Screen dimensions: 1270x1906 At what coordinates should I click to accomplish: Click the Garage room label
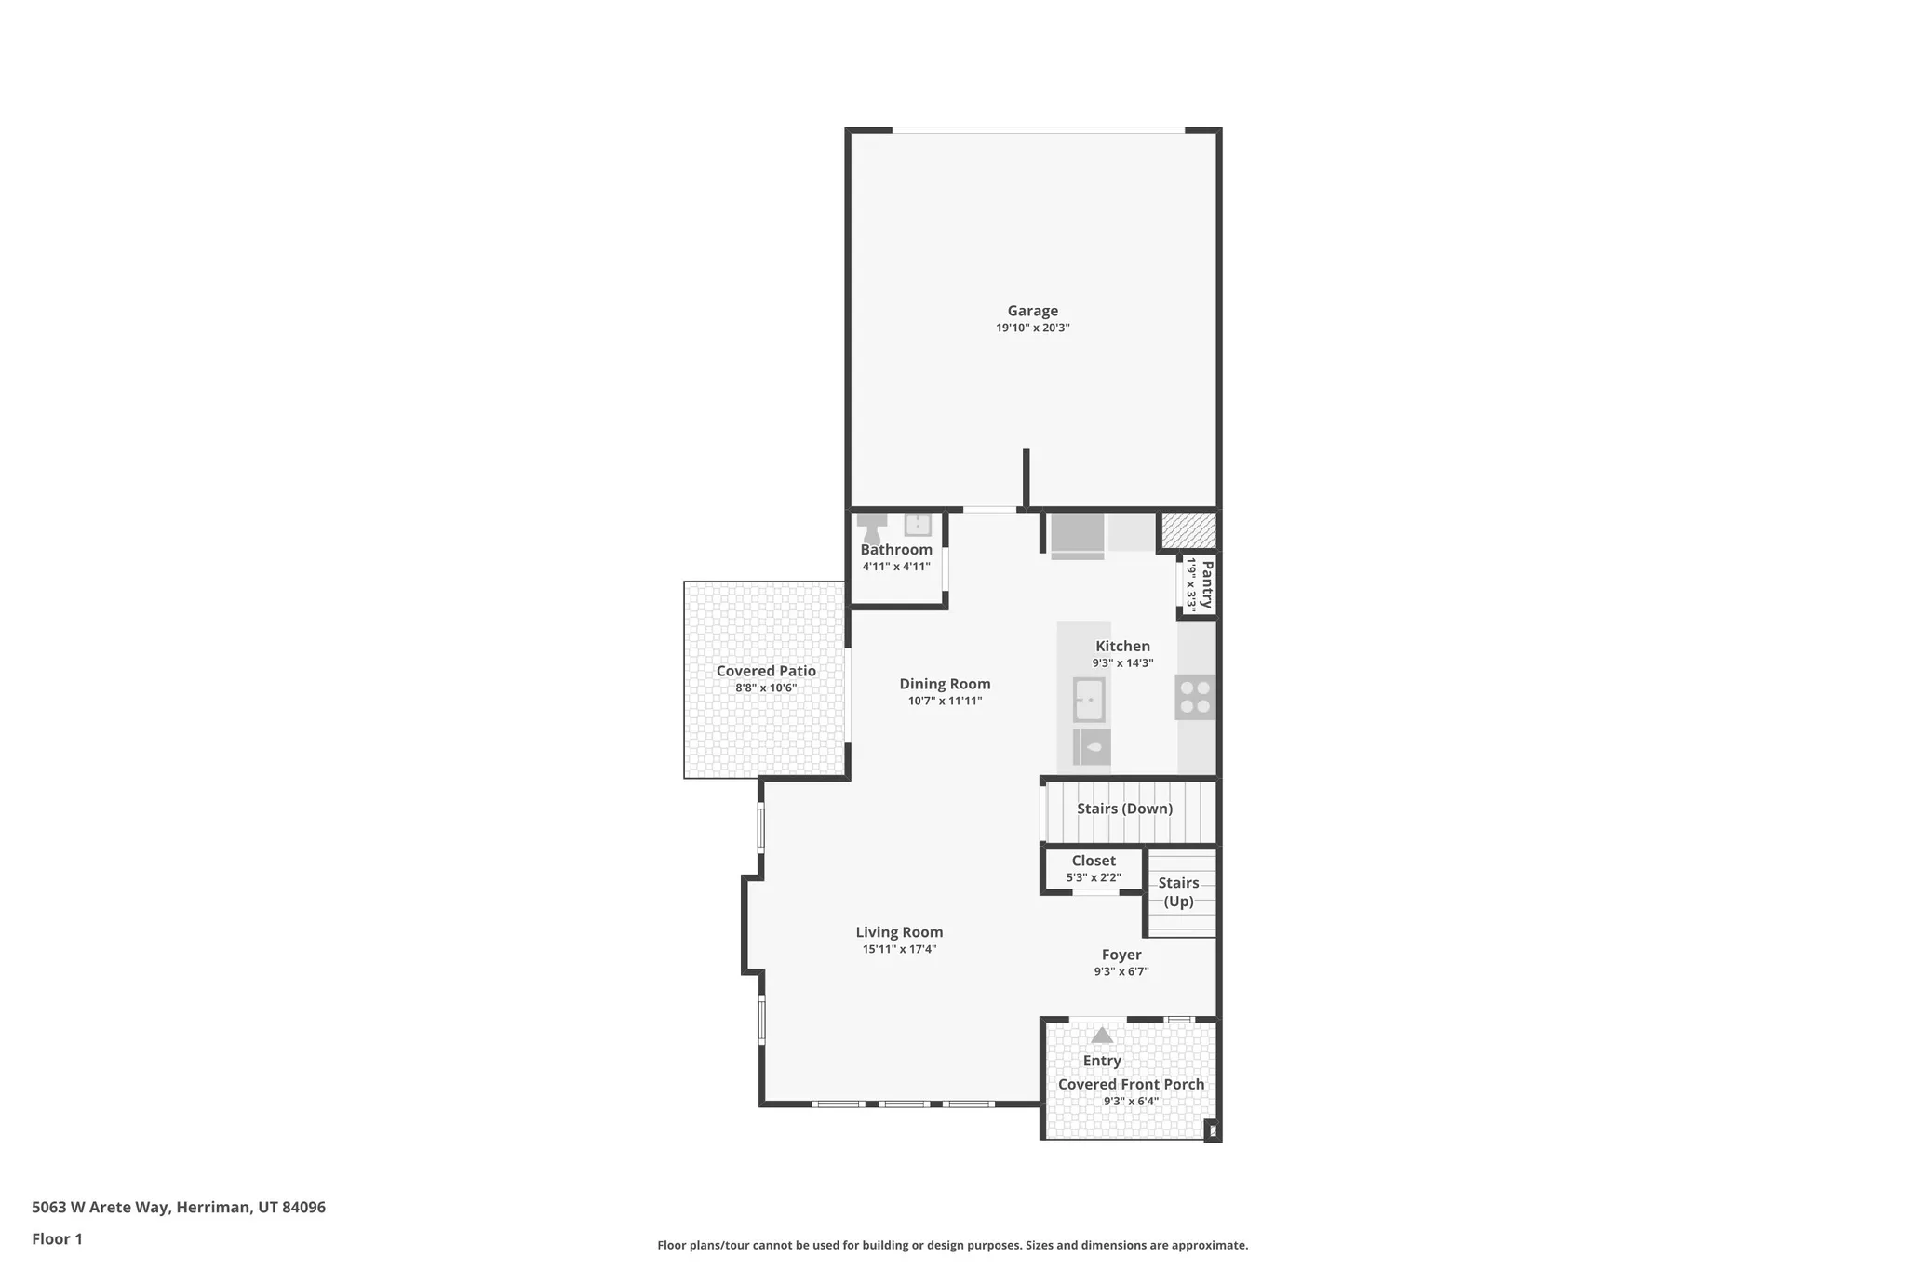pyautogui.click(x=1032, y=311)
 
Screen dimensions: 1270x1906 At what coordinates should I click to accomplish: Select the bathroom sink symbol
pyautogui.click(x=918, y=525)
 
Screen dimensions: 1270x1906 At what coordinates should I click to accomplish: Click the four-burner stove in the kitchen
pyautogui.click(x=1195, y=697)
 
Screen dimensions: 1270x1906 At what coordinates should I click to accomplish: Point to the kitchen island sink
pyautogui.click(x=1089, y=700)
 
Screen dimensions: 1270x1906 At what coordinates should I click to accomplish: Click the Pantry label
pyautogui.click(x=1207, y=584)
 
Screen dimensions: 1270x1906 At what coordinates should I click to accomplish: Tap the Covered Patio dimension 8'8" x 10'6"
pyautogui.click(x=766, y=688)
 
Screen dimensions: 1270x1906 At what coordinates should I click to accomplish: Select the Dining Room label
pyautogui.click(x=945, y=684)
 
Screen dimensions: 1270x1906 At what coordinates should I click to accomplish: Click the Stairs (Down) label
pyautogui.click(x=1124, y=809)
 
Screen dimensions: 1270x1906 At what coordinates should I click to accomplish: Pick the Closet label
pyautogui.click(x=1093, y=861)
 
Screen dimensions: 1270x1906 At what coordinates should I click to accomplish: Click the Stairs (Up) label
pyautogui.click(x=1178, y=891)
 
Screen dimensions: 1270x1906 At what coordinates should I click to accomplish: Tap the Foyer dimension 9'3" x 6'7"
pyautogui.click(x=1121, y=971)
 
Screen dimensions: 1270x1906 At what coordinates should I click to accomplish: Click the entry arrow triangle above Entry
pyautogui.click(x=1102, y=1035)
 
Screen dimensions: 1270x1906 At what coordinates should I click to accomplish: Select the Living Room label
pyautogui.click(x=899, y=932)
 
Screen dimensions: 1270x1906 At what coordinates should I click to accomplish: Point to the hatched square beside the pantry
pyautogui.click(x=1188, y=530)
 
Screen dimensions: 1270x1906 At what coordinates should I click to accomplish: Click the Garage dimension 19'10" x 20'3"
pyautogui.click(x=1032, y=328)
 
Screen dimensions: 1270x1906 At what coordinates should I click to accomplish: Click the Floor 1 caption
pyautogui.click(x=57, y=1238)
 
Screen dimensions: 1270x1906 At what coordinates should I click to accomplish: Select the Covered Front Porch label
pyautogui.click(x=1131, y=1084)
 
